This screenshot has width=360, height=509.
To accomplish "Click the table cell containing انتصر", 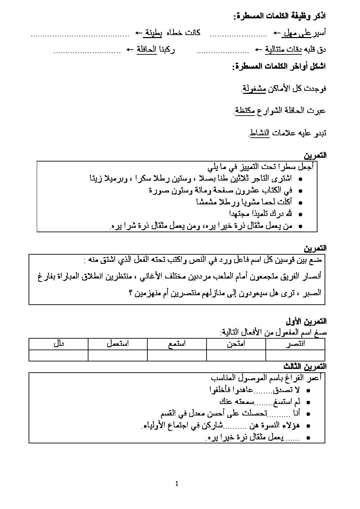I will click(295, 344).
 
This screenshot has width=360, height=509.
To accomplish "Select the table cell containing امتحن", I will click(236, 344).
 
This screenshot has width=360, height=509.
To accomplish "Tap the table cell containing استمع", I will click(177, 344).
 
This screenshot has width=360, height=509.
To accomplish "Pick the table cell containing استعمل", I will click(118, 344).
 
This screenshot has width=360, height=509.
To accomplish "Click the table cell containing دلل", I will click(59, 344).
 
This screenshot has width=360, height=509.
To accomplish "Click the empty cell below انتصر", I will click(295, 355).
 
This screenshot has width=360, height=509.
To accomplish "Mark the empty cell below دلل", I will click(59, 355).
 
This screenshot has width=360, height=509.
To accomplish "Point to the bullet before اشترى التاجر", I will click(299, 180).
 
